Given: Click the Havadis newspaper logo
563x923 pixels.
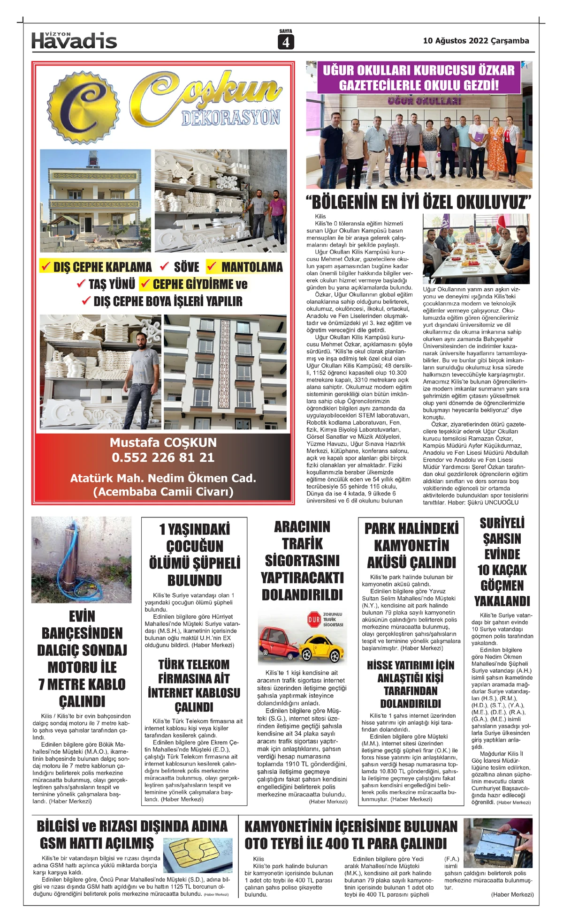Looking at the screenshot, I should click(x=74, y=41).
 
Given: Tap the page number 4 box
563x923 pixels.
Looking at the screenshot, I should click(x=285, y=42).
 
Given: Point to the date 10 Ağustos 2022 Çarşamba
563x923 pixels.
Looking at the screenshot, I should click(x=476, y=41).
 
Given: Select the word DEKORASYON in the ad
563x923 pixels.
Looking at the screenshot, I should click(x=231, y=118).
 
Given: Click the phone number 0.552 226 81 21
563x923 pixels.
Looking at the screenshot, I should click(x=163, y=458).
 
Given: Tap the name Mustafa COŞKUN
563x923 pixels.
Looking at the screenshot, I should click(x=163, y=443).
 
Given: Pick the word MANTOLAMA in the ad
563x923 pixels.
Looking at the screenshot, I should click(x=251, y=267).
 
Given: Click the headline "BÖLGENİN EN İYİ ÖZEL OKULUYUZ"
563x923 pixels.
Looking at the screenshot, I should click(x=418, y=203).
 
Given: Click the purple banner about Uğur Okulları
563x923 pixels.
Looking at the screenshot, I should click(x=418, y=77).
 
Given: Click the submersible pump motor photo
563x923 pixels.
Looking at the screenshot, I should click(x=81, y=559).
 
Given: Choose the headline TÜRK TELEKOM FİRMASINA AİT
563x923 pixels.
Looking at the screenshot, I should click(x=194, y=672).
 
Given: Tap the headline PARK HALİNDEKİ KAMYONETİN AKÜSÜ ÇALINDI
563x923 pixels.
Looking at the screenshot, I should click(x=411, y=545).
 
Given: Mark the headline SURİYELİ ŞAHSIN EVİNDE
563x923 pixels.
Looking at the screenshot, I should click(x=502, y=538).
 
